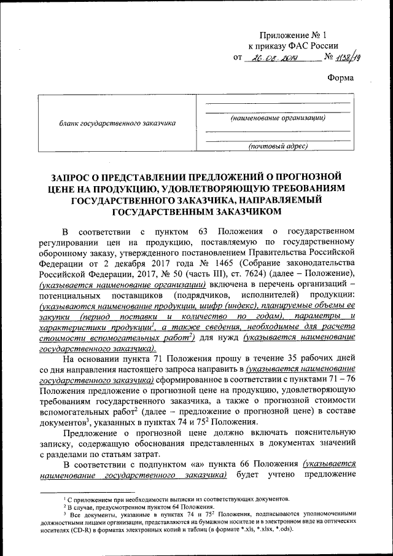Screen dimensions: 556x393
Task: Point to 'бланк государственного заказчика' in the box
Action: [x=117, y=123]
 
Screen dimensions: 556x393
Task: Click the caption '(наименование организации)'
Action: [x=278, y=117]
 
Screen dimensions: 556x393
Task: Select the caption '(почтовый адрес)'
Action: [x=278, y=146]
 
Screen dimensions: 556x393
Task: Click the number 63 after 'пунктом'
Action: [x=215, y=231]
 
